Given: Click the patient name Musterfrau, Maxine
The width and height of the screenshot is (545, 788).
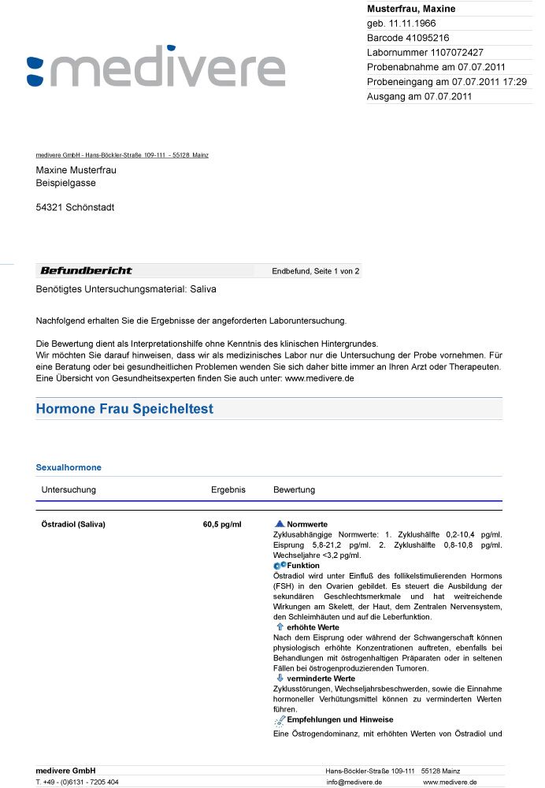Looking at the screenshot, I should coord(411,9).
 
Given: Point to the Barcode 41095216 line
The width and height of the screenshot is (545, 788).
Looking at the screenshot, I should coord(408,38).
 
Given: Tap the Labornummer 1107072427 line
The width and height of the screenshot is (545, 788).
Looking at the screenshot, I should coord(425,52).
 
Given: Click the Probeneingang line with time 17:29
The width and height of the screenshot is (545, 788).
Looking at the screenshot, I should coord(447,82).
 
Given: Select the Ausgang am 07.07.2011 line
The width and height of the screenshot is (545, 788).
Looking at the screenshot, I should coord(419,97).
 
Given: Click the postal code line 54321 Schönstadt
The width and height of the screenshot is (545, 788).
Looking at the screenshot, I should coord(75,207).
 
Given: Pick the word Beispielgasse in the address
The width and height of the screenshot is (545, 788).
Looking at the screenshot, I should coord(66,183).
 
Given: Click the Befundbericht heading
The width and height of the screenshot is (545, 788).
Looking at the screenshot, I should coord(86,271).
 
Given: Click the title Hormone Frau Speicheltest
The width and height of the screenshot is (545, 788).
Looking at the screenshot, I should coord(124,409).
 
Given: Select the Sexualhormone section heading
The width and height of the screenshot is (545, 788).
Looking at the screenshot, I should coord(69,467).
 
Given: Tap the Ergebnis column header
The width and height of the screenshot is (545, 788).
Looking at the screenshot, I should coord(228,489).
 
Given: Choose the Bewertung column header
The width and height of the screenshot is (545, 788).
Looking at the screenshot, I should coord(294,489).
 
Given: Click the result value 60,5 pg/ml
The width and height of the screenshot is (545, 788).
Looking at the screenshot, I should coord(222,524).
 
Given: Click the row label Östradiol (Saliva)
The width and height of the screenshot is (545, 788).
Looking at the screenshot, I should coord(73,524).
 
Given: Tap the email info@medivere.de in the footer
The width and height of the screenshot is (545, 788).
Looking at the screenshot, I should coord(354,782).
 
